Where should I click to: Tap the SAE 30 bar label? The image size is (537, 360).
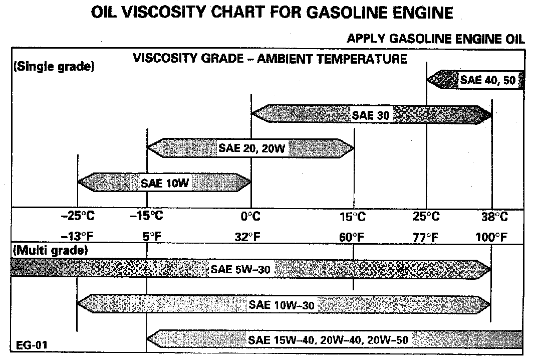370,115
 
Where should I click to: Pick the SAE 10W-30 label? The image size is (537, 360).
282,304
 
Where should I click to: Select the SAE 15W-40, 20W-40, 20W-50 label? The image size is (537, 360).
329,339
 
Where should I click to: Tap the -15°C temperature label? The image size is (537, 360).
146,217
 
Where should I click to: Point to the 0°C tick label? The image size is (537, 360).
250,217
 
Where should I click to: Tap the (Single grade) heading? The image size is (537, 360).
53,67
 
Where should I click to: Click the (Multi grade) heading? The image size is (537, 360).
50,250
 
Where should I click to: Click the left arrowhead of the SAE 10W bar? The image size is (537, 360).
84,183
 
